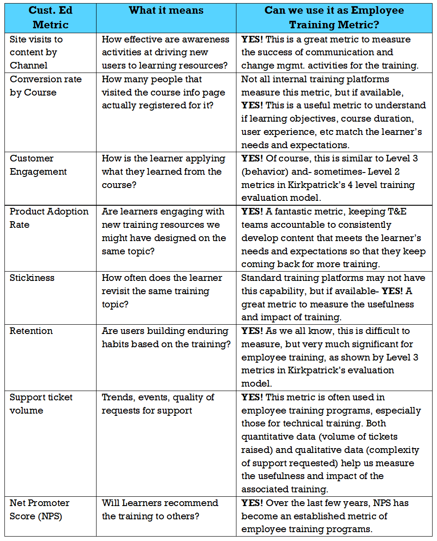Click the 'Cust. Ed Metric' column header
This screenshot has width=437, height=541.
coord(50,17)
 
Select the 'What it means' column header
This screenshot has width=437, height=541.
coord(166,11)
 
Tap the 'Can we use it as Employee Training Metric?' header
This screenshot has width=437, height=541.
coord(334,17)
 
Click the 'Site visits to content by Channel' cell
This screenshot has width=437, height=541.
coord(36,52)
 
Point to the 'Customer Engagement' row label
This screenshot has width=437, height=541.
coord(38,165)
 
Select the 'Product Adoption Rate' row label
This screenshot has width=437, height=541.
coord(49,218)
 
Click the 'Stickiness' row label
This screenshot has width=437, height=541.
coord(32,278)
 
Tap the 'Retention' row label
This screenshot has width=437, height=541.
coord(31,331)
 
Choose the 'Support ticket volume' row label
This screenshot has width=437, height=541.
coord(41,403)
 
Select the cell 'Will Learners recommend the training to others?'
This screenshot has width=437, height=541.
coord(160,510)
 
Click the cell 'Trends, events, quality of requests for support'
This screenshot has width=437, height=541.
coord(158,403)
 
